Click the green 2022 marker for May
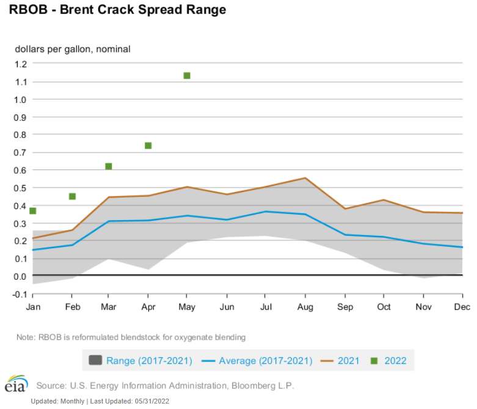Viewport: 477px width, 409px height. coord(187,76)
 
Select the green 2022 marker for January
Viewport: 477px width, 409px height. coord(33,211)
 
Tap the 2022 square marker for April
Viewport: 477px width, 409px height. coord(148,146)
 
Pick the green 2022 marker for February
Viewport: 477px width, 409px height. coord(72,196)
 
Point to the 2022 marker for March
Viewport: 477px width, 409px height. coord(109,166)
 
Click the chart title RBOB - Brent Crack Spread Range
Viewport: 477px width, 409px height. coord(117,10)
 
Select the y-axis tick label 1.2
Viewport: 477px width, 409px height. coord(20,63)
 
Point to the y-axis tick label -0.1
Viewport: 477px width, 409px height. coord(19,294)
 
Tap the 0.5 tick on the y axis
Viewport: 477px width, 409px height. coord(20,188)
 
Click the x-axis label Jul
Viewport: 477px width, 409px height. coord(266,307)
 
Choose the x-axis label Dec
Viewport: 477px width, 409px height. coord(462,307)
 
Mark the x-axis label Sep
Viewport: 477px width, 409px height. coord(344,307)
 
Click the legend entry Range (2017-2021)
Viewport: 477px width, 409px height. coord(149,361)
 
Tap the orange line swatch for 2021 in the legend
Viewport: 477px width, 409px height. coord(327,361)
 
